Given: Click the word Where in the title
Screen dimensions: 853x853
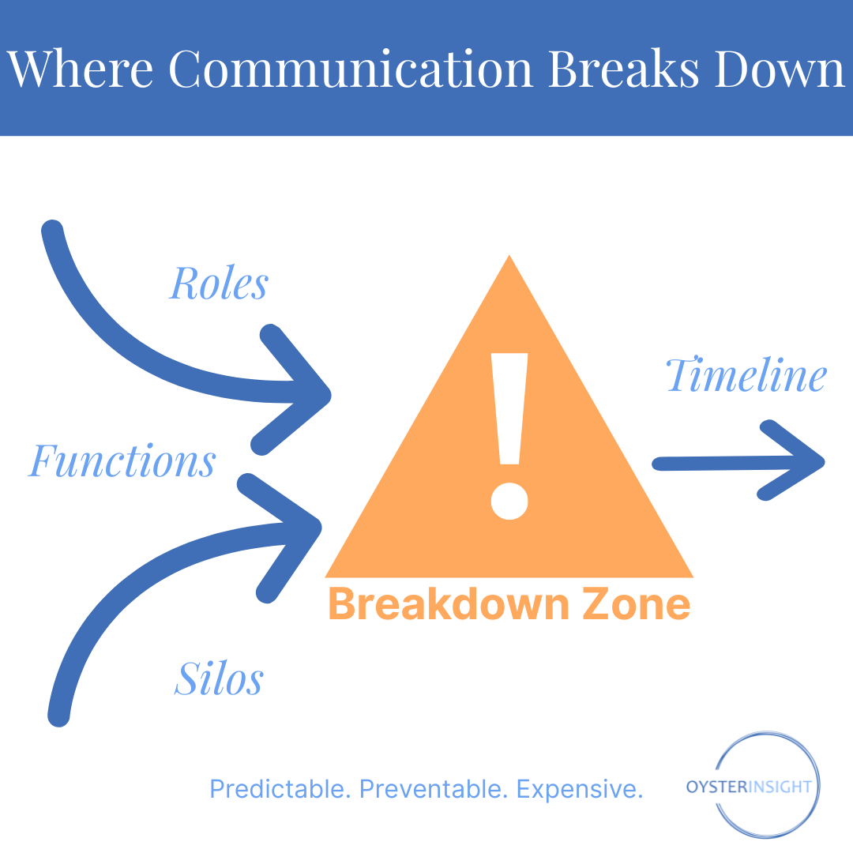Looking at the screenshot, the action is [x=80, y=69].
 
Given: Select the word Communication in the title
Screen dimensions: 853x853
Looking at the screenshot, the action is [x=351, y=69].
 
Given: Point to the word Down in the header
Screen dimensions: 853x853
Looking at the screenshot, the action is [x=779, y=69].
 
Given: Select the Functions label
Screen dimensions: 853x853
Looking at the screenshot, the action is [x=122, y=460].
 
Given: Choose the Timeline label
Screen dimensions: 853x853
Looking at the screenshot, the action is [x=746, y=375].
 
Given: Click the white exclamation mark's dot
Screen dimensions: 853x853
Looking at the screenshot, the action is [x=509, y=501].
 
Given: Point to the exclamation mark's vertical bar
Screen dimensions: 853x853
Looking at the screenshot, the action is [x=509, y=408].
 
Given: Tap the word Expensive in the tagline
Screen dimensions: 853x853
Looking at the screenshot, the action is [x=580, y=789].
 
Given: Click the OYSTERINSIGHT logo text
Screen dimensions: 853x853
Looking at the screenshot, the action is [x=749, y=787].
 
